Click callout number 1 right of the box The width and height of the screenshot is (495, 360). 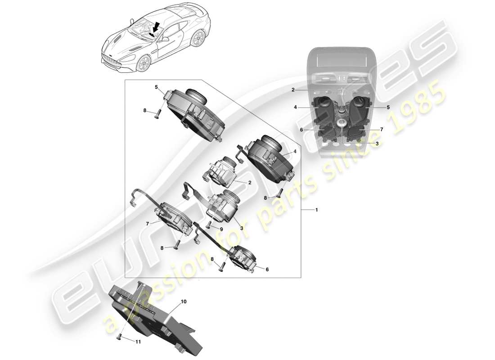click(317, 210)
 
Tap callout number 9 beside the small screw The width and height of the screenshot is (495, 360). click(221, 229)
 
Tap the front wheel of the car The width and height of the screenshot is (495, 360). click(143, 63)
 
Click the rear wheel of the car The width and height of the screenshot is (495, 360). click(196, 40)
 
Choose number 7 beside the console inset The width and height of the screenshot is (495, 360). click(382, 130)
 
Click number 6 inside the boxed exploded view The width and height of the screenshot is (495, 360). click(267, 269)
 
